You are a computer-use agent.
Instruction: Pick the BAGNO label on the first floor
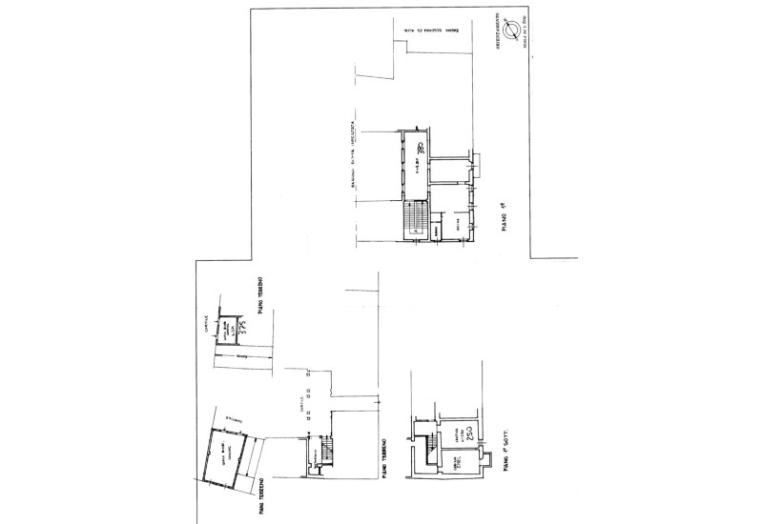point(437,230)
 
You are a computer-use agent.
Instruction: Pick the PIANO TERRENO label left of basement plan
point(382,449)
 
